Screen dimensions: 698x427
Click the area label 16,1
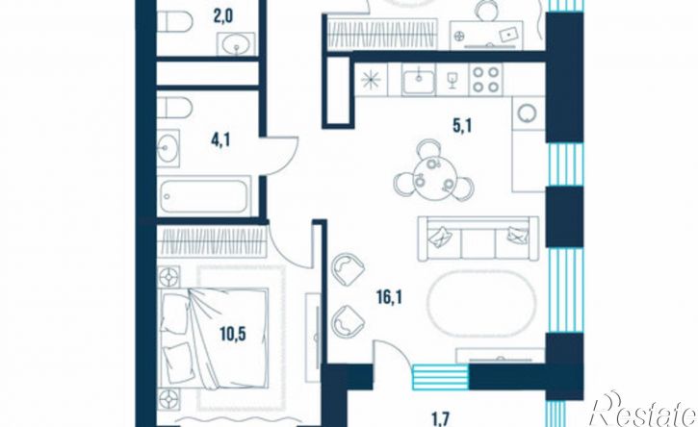point(389,297)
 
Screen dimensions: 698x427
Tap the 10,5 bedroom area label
point(233,333)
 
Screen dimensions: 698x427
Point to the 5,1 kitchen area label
point(462,126)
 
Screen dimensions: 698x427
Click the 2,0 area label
point(222,18)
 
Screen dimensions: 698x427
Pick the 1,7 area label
point(441,419)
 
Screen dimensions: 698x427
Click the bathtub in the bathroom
point(205,196)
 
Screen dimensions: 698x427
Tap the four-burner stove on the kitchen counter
point(485,79)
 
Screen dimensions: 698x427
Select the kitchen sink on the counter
point(419,80)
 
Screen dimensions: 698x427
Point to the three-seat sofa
point(478,239)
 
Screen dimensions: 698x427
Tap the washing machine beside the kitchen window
point(529,113)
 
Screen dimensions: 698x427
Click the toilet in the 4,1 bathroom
point(174,108)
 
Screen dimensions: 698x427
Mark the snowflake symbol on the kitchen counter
point(371,80)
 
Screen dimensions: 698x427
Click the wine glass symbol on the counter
point(452,80)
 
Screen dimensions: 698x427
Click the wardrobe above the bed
point(213,241)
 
